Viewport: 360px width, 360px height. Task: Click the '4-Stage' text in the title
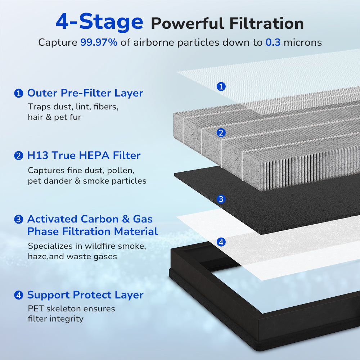(x=99, y=22)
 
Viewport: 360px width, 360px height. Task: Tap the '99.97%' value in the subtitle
(x=99, y=42)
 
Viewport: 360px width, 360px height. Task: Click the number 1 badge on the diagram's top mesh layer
(x=221, y=86)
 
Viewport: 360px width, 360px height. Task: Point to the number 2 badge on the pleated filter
(x=221, y=133)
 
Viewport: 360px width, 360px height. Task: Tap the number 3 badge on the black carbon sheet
(x=221, y=199)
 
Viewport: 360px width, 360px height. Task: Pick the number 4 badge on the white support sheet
(x=221, y=242)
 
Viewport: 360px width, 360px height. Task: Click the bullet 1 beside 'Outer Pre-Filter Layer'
(x=18, y=94)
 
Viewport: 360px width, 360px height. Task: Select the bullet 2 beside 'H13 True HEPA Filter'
(x=18, y=156)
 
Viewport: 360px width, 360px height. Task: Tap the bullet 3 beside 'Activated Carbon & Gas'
(x=18, y=219)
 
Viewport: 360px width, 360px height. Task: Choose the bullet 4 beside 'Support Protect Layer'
(x=18, y=296)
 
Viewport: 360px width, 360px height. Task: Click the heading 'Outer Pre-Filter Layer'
(x=85, y=93)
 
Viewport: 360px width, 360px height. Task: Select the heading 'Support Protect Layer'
(x=85, y=295)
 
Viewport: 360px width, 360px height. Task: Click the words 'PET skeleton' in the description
(x=50, y=309)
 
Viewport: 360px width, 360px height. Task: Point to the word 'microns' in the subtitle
(x=303, y=42)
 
